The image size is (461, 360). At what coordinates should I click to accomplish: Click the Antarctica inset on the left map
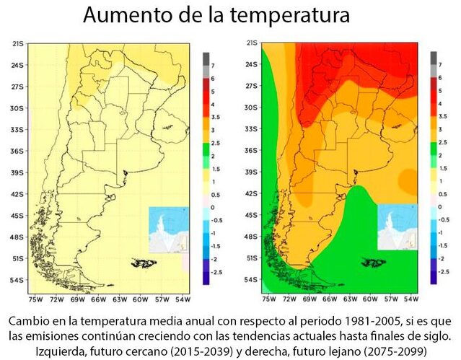(x=169, y=229)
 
